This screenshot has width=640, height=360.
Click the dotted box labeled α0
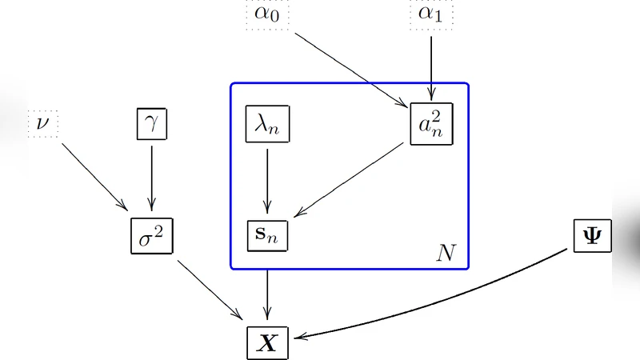click(267, 15)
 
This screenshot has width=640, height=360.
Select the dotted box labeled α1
click(431, 15)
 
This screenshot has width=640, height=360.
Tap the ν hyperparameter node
click(42, 125)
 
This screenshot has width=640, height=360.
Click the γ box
click(151, 125)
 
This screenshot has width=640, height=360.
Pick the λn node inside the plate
click(266, 126)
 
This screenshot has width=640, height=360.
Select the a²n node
click(431, 124)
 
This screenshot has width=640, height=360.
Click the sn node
click(266, 235)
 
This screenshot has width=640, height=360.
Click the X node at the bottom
click(266, 342)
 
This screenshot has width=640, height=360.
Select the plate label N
click(445, 254)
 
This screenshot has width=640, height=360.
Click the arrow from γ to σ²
click(151, 178)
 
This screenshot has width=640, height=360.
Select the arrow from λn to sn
click(266, 180)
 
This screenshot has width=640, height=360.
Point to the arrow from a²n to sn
click(350, 179)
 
